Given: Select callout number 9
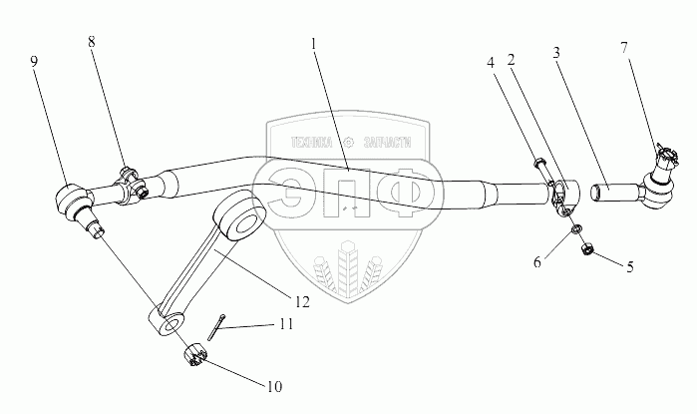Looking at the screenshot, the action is [34, 61].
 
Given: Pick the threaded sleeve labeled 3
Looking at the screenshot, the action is [609, 186].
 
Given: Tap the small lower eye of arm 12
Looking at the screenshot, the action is [169, 323].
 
